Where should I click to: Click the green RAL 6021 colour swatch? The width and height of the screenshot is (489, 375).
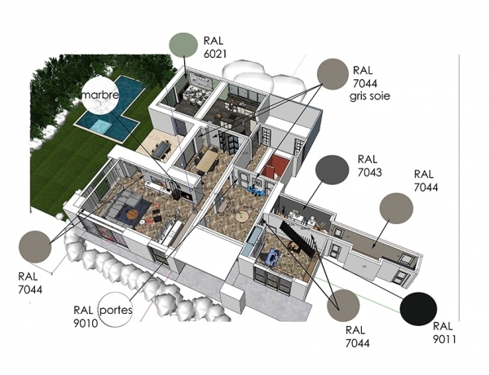[x=183, y=46]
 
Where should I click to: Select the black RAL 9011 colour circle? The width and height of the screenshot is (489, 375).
[x=421, y=310]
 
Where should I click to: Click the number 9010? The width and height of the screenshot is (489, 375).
[x=86, y=323]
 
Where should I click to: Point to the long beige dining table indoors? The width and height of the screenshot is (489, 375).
[x=207, y=159]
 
